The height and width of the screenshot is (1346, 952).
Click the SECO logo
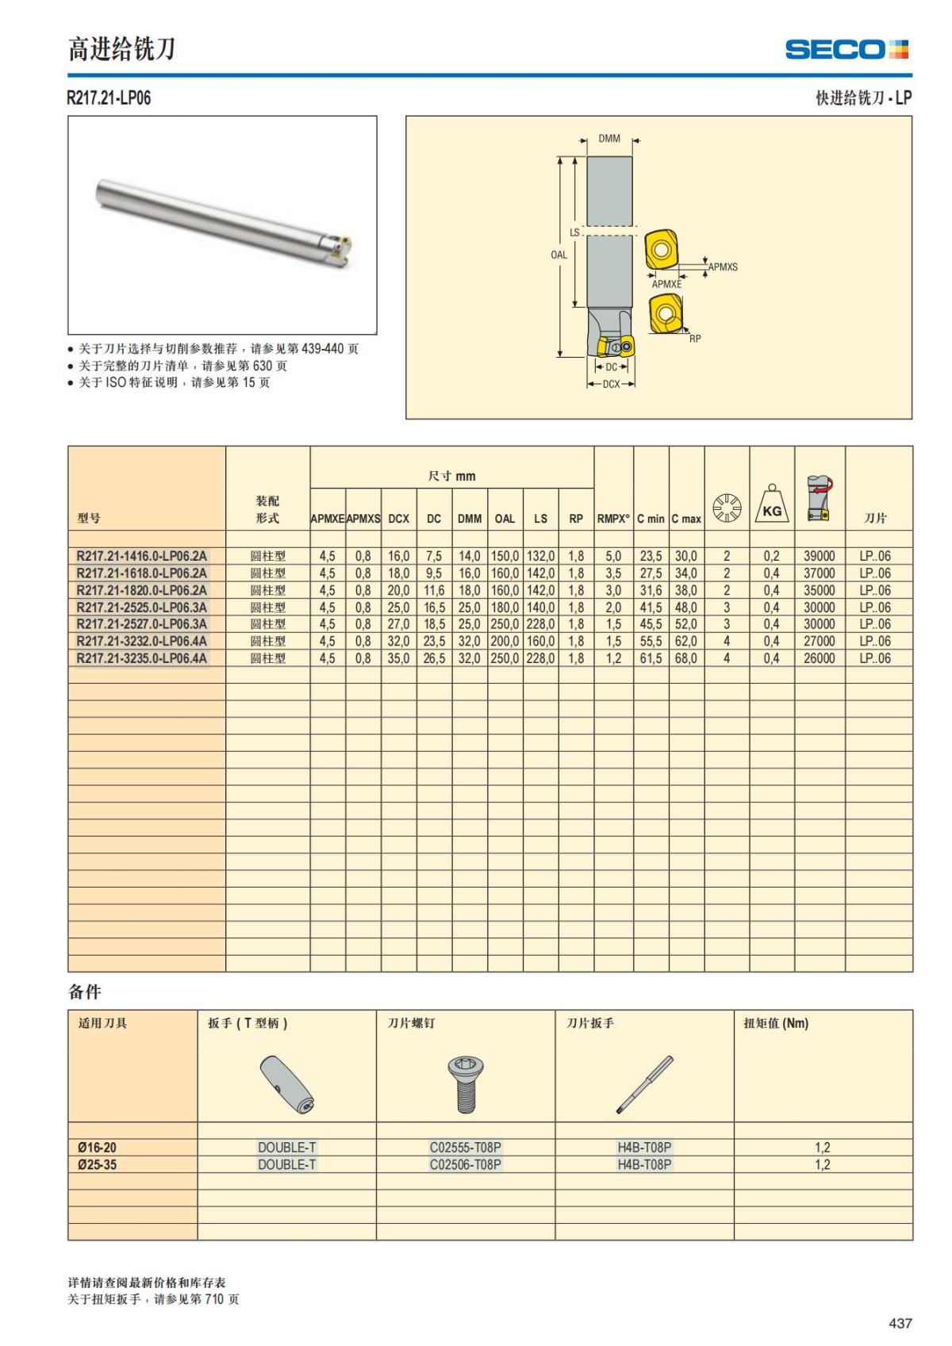pos(846,49)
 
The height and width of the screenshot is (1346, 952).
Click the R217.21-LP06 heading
pos(109,98)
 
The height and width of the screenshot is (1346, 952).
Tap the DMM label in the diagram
pos(609,139)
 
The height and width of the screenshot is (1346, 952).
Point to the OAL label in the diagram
pos(559,255)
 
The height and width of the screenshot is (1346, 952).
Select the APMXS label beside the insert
pos(723,267)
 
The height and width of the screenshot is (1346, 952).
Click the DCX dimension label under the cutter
pos(611,385)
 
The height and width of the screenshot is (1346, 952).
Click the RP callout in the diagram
pos(695,339)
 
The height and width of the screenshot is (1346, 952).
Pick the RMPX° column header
pos(613,519)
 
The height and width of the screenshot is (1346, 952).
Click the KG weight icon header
pos(772,504)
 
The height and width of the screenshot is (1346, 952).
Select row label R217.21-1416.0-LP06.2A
pos(142,556)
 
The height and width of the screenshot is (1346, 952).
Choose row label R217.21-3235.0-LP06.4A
pos(142,658)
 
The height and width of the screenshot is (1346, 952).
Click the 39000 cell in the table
pos(819,556)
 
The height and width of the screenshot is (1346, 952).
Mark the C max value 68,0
pos(685,658)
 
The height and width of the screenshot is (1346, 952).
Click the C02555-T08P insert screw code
pos(466,1147)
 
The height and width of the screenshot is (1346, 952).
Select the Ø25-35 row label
pos(98,1164)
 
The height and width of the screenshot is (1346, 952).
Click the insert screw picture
pos(466,1084)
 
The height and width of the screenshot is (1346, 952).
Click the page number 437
pos(900,1323)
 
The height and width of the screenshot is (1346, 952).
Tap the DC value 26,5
pos(434,658)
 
